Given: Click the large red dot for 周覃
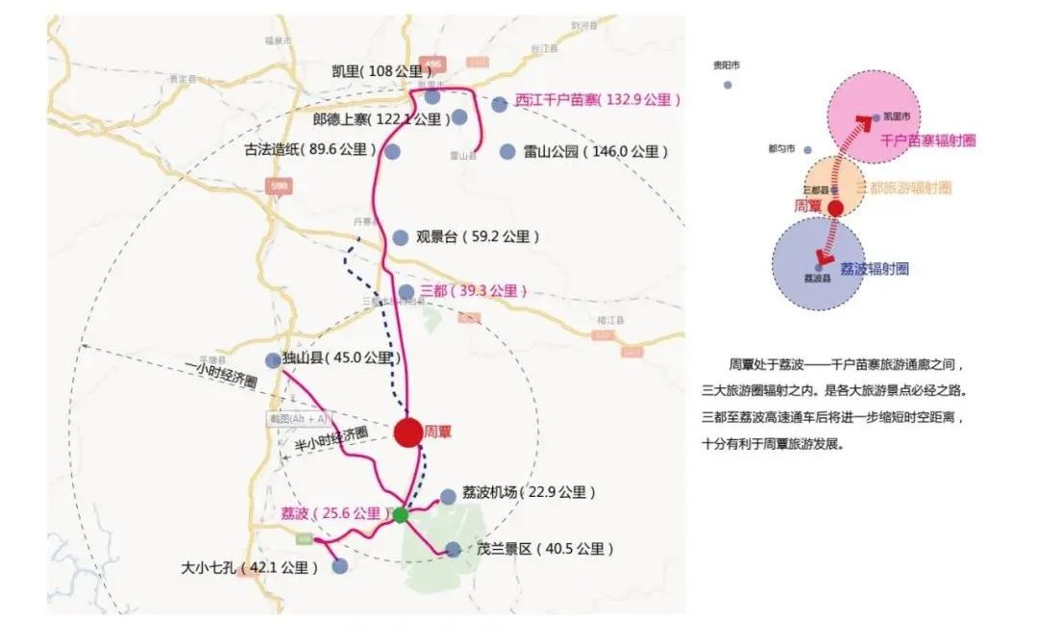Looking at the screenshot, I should tap(408, 433).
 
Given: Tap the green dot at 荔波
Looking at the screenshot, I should tap(401, 515).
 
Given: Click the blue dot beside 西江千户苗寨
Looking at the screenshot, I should tap(499, 104).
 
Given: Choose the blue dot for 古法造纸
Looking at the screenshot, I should tap(392, 151).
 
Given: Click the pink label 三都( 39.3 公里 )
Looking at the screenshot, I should tap(474, 291).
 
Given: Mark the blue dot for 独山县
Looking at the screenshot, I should tap(273, 360).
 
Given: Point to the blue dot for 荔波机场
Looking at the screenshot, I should tap(448, 496).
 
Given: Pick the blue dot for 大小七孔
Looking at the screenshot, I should tap(339, 567).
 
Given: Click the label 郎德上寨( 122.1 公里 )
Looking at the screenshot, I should tap(382, 119).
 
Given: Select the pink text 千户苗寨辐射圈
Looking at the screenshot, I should tap(927, 140).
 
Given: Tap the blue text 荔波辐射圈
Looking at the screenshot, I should tap(874, 270).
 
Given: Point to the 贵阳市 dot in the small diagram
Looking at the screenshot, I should tap(728, 86).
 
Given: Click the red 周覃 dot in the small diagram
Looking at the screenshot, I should tap(836, 208).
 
